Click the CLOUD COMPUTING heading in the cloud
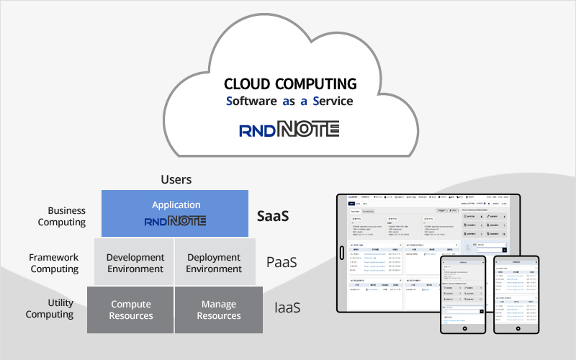tap(290, 84)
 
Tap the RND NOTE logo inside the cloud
tap(289, 130)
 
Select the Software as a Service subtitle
tap(289, 101)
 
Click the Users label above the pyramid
tap(176, 179)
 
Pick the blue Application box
tap(175, 213)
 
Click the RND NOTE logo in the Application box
tap(176, 221)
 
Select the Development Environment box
tap(135, 263)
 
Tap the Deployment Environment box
tap(215, 263)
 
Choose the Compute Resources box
tap(131, 310)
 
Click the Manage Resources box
tap(219, 310)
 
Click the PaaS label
tap(282, 262)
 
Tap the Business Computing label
tap(62, 216)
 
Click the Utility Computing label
tap(50, 309)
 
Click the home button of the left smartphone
tap(465, 328)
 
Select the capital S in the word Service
tap(316, 102)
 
